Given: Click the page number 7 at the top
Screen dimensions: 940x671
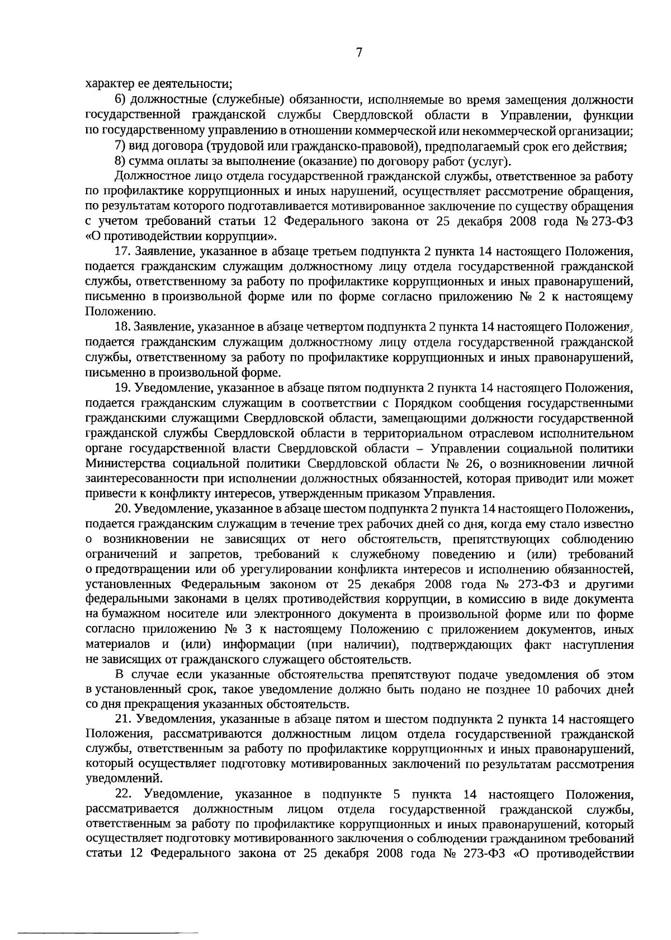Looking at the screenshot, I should coord(359,53).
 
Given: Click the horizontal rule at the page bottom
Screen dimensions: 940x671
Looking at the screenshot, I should coord(109,933).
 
